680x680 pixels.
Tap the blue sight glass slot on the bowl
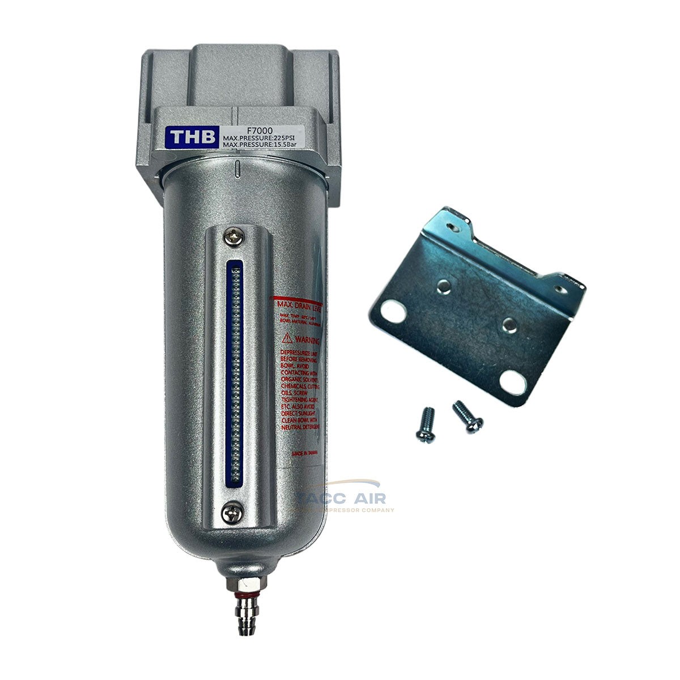pyautogui.click(x=231, y=374)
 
